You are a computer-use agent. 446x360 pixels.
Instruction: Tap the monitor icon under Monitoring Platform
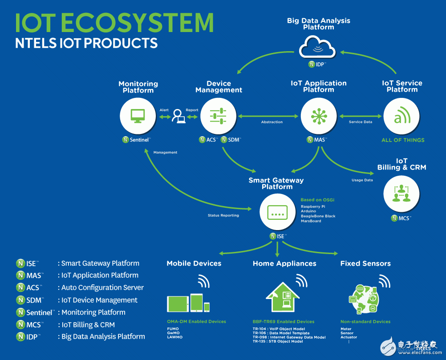pos(138,116)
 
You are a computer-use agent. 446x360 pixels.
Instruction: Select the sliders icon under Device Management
pos(218,116)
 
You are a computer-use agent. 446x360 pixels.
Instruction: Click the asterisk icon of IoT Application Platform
pos(319,116)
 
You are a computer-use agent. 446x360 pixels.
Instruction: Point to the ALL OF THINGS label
pos(403,140)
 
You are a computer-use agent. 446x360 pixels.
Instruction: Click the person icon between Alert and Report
pos(178,116)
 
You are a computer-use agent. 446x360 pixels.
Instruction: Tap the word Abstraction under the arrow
pos(272,122)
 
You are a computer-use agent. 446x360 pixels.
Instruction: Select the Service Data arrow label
pos(361,122)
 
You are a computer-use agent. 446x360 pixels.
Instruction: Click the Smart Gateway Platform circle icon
pos(277,212)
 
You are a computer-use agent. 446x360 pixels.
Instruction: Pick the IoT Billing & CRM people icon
pos(401,194)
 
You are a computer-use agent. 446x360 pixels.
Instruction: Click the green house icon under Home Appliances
pos(283,297)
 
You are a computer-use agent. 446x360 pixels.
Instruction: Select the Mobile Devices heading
pos(194,263)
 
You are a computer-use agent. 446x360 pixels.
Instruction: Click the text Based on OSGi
pos(317,200)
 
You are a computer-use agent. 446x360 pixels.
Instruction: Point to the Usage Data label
pos(362,180)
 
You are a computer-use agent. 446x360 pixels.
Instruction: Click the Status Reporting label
pos(223,215)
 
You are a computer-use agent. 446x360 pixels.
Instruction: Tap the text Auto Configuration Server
pos(103,287)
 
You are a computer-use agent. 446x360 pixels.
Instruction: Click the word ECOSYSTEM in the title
pos(137,23)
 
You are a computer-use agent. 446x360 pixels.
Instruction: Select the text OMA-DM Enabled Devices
pos(197,322)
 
